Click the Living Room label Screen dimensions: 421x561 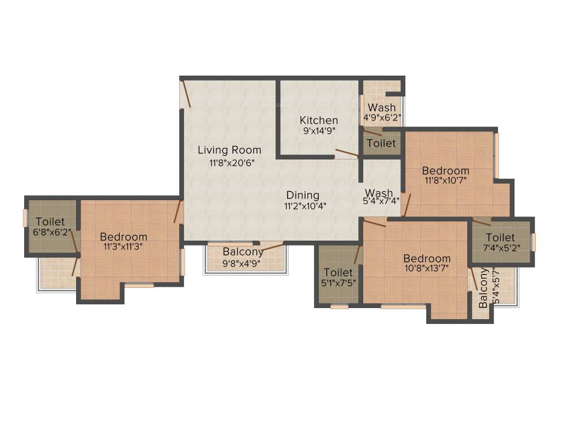pos(229,150)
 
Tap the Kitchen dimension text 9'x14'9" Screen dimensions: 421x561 pos(319,131)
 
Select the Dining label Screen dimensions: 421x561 pos(302,195)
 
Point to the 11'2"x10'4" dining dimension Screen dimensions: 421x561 pos(302,206)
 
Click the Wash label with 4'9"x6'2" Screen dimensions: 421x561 pos(381,107)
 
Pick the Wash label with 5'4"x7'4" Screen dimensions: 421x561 pos(379,193)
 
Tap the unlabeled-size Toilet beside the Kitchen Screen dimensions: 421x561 pos(381,143)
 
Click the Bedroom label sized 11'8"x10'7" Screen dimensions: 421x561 pos(445,170)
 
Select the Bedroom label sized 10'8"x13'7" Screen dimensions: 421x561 pos(427,258)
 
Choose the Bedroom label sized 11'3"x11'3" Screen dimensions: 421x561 pos(123,237)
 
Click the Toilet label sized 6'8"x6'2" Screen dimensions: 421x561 pos(50,221)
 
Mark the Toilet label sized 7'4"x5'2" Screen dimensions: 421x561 pos(500,237)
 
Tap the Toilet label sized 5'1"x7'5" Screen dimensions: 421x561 pos(338,272)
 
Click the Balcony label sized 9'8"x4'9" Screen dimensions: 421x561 pos(243,252)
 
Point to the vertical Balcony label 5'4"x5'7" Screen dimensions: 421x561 pos(483,288)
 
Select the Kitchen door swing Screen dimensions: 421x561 pos(347,153)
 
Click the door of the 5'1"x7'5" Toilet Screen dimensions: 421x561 pos(358,254)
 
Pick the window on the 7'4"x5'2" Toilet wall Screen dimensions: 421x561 pos(533,242)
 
